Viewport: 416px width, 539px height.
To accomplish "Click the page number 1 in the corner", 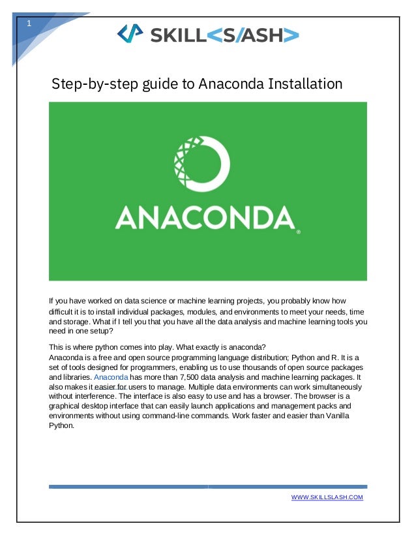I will [28, 24].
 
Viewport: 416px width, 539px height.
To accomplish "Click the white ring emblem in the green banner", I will [201, 164].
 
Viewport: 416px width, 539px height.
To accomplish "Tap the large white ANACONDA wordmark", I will [204, 218].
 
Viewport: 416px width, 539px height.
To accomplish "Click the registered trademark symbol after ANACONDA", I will [298, 232].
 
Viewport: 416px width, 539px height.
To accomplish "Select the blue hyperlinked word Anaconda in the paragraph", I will [111, 377].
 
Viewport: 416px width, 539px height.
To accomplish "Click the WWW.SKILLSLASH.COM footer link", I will [327, 498].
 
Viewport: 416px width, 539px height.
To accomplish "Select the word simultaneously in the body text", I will [332, 386].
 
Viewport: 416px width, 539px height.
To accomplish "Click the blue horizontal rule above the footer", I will [207, 486].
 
